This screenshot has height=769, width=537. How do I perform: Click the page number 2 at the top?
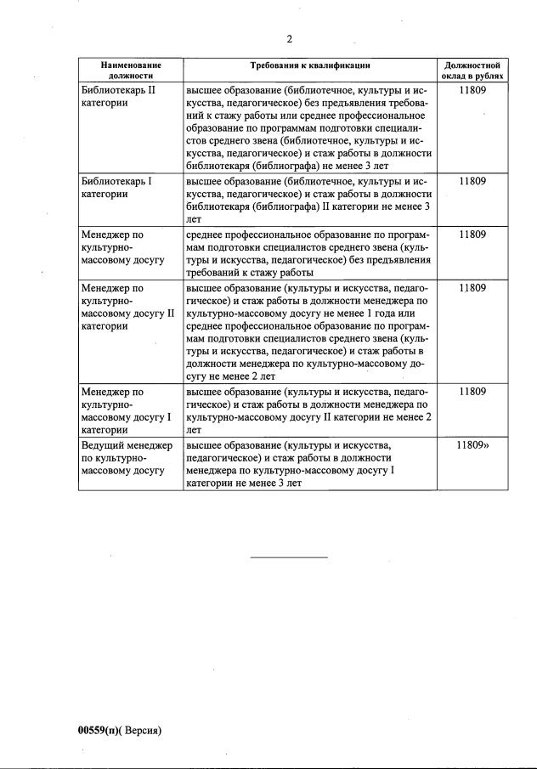(289, 39)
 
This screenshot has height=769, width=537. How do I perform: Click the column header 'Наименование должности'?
(130, 70)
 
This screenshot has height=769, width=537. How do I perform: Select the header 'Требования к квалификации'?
(310, 65)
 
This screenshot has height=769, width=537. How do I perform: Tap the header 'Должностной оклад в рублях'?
(472, 70)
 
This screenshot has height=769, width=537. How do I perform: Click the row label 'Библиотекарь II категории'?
(117, 95)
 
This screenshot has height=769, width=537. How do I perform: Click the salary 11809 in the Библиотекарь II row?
(472, 89)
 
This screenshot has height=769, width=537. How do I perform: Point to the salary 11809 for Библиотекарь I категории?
(472, 181)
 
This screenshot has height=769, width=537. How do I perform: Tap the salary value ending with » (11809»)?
(473, 444)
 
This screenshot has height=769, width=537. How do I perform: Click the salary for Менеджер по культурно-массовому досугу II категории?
(472, 288)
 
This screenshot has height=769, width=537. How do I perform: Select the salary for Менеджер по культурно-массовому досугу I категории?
(472, 392)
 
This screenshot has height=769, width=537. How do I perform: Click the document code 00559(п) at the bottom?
(100, 730)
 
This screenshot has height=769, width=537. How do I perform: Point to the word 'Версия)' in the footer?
(142, 730)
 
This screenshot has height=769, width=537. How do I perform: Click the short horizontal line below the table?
(288, 557)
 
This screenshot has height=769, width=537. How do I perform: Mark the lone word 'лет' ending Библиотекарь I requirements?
(194, 218)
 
